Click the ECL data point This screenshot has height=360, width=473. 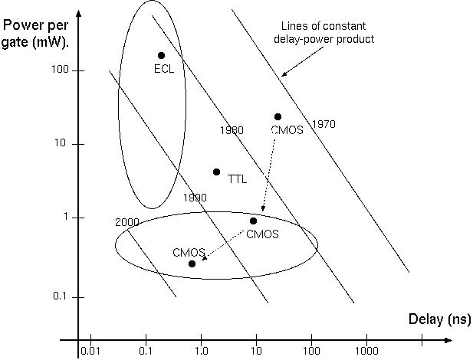tap(161, 55)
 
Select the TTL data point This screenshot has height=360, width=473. tap(216, 172)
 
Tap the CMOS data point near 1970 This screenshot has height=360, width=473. tap(278, 116)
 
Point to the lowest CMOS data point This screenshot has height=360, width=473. tap(192, 263)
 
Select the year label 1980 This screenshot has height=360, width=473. tap(231, 130)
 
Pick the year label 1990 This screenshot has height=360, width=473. tap(195, 197)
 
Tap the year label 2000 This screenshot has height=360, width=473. tap(127, 222)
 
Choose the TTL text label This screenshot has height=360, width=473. tap(238, 179)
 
